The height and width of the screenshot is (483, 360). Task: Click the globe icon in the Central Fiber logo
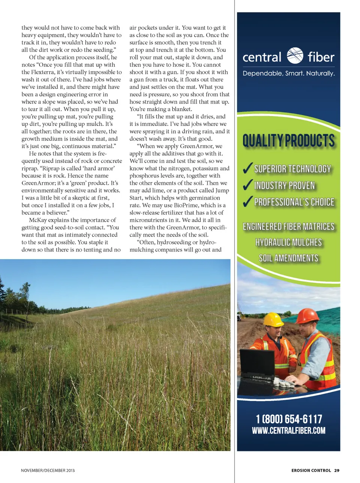295,56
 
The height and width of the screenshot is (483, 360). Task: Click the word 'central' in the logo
262,57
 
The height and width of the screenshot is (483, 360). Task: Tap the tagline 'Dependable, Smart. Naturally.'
288,73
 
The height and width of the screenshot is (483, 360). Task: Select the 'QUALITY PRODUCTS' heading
288,141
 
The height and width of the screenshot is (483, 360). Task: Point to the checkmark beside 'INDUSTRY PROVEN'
247,185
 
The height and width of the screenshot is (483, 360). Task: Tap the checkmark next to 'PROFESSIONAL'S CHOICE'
247,202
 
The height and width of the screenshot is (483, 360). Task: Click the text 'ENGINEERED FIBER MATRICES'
288,226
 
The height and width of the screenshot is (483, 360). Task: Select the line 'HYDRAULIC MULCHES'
288,243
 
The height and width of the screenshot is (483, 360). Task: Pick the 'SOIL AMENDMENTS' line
288,258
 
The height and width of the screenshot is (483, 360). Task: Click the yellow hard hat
273,319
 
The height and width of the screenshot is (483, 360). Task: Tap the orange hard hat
307,316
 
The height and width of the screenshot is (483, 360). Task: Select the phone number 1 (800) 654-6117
289,419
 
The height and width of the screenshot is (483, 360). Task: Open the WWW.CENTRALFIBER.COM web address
289,430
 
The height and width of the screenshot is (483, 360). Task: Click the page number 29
337,470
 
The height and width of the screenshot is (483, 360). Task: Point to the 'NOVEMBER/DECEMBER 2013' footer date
48,470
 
